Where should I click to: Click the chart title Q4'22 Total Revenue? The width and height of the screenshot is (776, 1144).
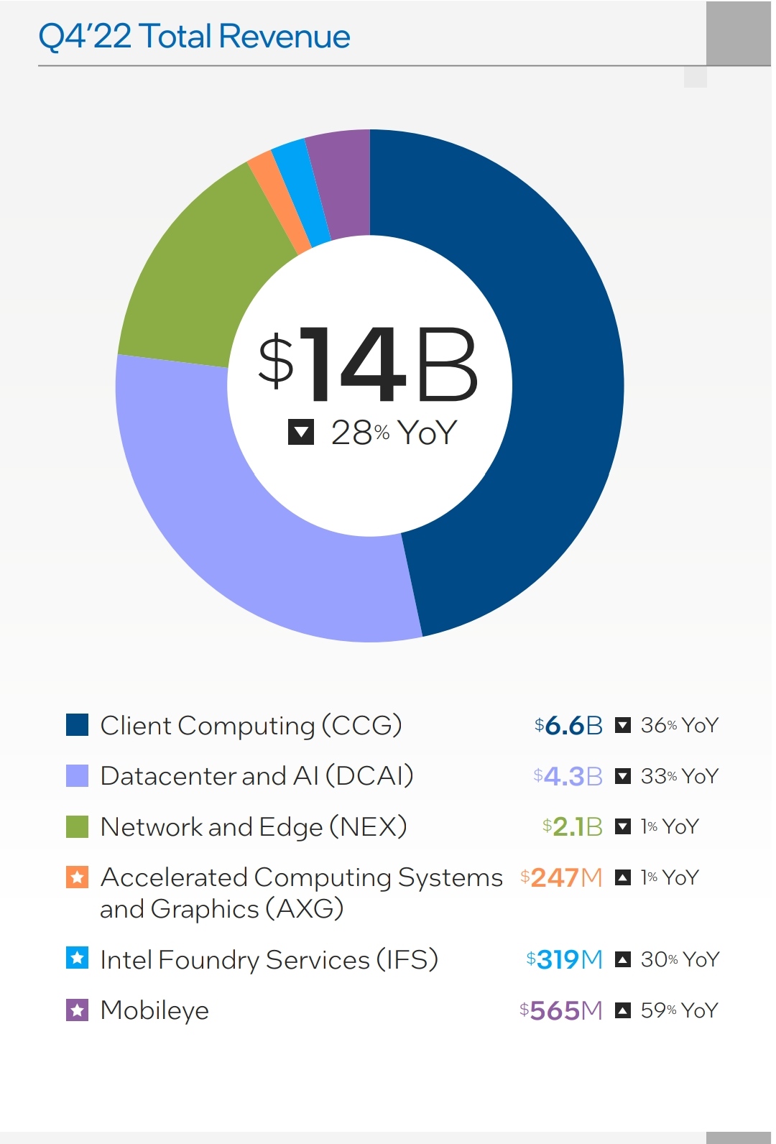pyautogui.click(x=194, y=36)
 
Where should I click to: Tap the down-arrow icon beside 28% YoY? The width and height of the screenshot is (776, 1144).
pyautogui.click(x=300, y=432)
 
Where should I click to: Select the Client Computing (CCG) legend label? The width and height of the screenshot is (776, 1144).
pyautogui.click(x=251, y=725)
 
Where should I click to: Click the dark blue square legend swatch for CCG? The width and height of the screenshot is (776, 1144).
pyautogui.click(x=77, y=724)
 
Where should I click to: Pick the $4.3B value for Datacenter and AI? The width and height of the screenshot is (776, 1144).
pyautogui.click(x=568, y=776)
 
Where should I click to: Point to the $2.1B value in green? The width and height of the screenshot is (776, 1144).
pyautogui.click(x=572, y=826)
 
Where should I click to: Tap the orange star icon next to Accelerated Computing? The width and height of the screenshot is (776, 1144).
pyautogui.click(x=77, y=877)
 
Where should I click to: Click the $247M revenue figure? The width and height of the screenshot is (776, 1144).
pyautogui.click(x=561, y=877)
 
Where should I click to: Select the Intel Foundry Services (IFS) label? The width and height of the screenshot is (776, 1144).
pyautogui.click(x=269, y=959)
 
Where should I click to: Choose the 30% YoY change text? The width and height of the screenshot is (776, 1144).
pyautogui.click(x=680, y=959)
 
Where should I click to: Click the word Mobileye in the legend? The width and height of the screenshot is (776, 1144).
pyautogui.click(x=154, y=1010)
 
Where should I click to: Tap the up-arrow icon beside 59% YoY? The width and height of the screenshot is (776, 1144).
pyautogui.click(x=623, y=1010)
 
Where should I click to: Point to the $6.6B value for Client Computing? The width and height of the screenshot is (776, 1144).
pyautogui.click(x=568, y=725)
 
